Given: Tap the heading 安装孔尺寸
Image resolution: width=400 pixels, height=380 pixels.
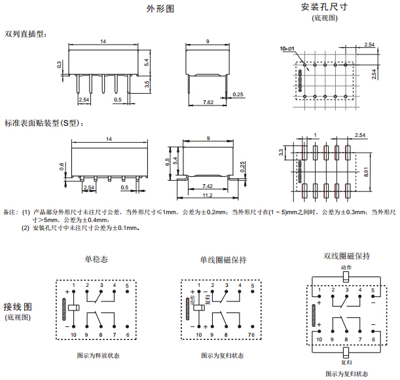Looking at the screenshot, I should click(323, 7).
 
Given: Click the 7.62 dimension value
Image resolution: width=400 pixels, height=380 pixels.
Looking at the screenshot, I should click(208, 103).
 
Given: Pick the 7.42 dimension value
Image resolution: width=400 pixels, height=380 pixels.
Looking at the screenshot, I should click(207, 186).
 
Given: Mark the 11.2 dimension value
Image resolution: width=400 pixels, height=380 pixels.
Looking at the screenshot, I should click(208, 195).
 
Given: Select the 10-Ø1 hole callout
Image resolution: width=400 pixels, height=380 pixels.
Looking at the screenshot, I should click(287, 49).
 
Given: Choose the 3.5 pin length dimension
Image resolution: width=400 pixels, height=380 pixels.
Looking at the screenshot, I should click(147, 84).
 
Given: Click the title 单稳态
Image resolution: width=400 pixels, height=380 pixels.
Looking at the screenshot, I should click(96, 259).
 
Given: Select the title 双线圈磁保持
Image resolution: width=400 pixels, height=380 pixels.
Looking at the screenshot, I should click(347, 256).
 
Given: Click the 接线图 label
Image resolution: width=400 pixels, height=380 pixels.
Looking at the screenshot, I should click(17, 307).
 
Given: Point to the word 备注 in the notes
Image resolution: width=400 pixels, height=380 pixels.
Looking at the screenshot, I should click(10, 212).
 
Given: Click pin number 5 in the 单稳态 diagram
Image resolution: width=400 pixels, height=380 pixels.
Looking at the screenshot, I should click(127, 286).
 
